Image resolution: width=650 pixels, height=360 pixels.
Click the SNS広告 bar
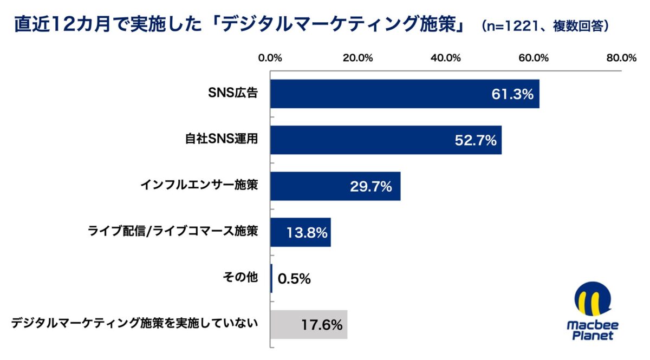(x=405, y=94)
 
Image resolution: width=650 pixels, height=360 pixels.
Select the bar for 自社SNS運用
(x=386, y=140)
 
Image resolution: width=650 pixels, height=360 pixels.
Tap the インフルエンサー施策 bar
(x=335, y=186)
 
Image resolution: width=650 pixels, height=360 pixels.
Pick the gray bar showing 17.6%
(x=309, y=325)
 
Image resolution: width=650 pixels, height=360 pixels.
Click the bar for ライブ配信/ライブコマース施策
(x=301, y=233)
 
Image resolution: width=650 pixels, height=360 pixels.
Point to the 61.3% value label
(x=512, y=94)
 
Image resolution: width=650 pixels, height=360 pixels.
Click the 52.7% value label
(x=475, y=141)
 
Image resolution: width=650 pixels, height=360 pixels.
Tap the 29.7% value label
(x=370, y=187)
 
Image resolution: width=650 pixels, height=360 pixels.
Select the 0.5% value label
(x=294, y=279)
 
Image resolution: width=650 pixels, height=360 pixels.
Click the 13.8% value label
(x=307, y=233)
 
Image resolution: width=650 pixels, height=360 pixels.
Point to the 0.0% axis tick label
(x=271, y=58)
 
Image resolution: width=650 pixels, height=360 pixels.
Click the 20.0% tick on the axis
(x=359, y=58)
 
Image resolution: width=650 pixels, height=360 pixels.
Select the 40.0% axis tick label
(x=446, y=58)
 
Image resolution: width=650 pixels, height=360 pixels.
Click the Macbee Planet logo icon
(x=592, y=302)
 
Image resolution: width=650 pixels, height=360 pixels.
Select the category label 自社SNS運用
(x=218, y=140)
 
